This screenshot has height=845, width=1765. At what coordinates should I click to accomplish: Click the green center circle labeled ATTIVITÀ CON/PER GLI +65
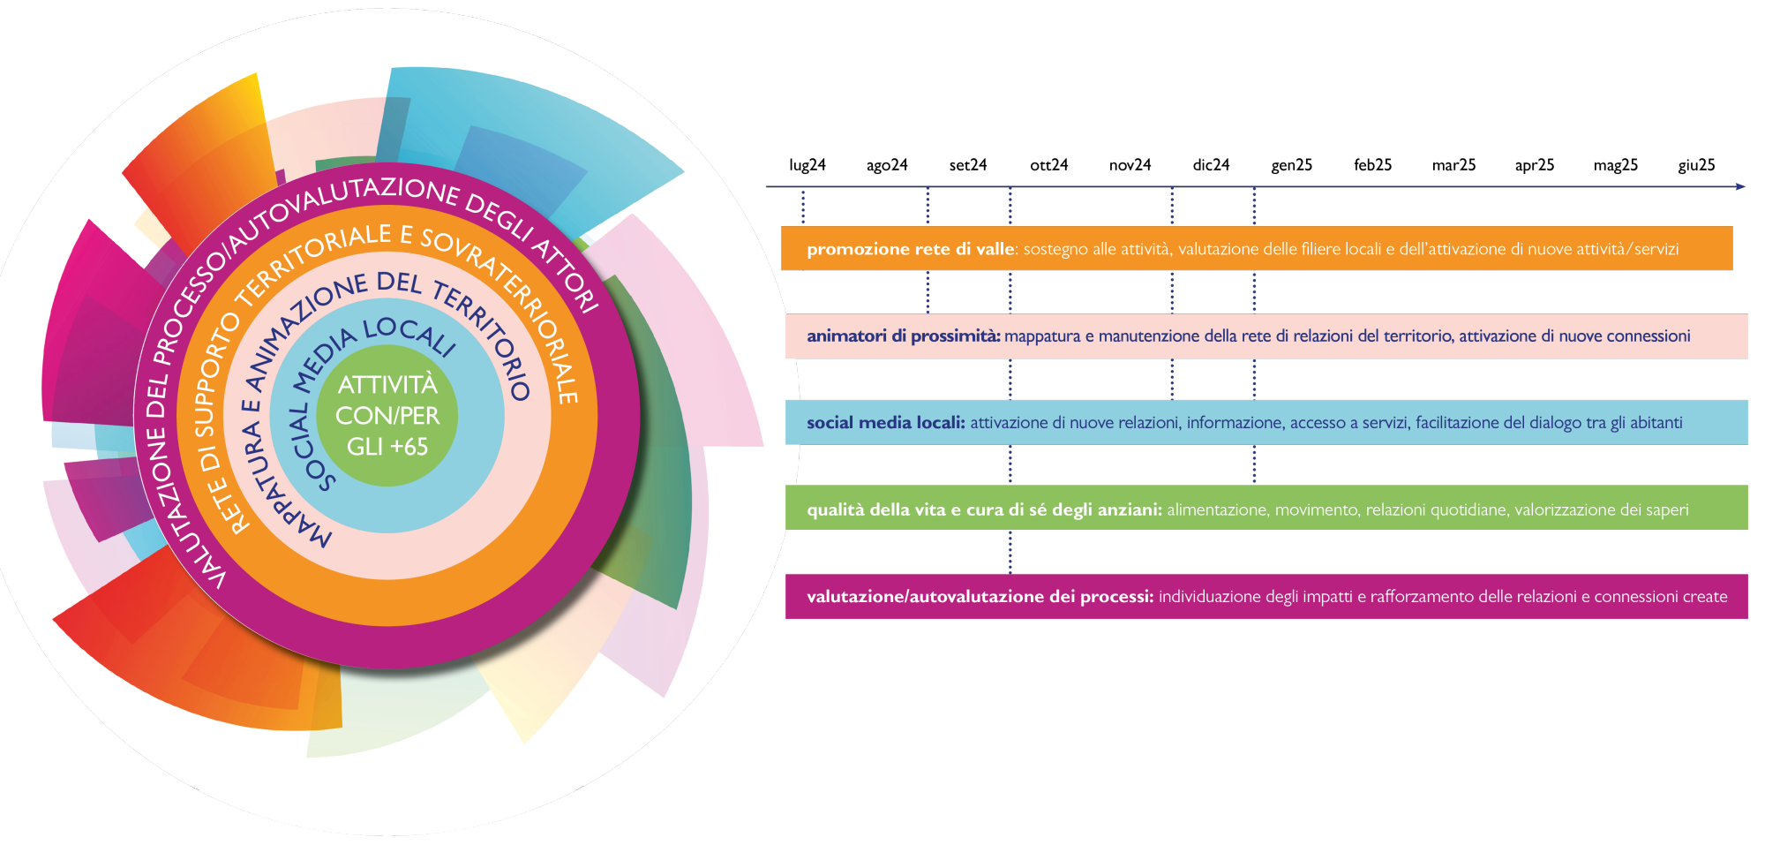click(387, 415)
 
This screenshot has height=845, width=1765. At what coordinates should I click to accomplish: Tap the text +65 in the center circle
click(409, 447)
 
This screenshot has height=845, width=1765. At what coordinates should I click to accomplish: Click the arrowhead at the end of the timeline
click(1740, 186)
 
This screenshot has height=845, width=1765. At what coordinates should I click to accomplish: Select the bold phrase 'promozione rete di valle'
click(911, 249)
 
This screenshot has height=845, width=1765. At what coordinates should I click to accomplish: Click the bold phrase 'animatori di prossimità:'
click(903, 336)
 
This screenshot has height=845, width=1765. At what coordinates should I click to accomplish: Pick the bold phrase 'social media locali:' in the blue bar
click(885, 423)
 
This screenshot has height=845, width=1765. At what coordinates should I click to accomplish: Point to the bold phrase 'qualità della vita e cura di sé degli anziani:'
click(984, 509)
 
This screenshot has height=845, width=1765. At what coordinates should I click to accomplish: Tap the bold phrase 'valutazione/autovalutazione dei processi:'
click(980, 597)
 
